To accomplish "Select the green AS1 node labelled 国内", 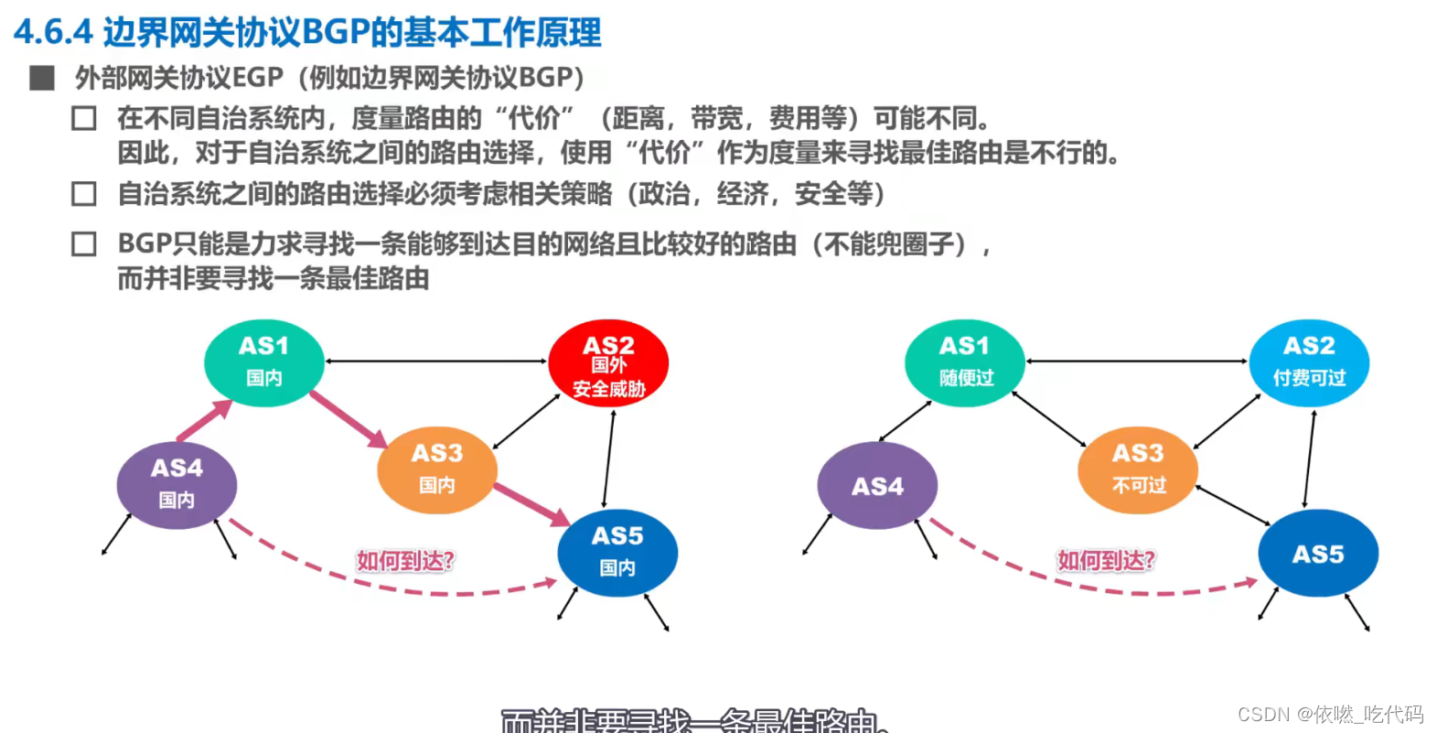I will point(263,361).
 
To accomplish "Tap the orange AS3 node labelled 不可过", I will point(1138,469).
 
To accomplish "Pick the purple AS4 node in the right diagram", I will point(877,486).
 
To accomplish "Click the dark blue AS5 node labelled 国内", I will point(617,552).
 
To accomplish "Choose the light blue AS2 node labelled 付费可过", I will point(1309,361).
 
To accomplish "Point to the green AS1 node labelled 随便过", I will point(964,361).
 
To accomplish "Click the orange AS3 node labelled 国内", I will point(437,469).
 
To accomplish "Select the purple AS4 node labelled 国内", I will point(177,484).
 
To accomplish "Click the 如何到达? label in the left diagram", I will point(405,560).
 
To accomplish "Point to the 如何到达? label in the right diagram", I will point(1106,560).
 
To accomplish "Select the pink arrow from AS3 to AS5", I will point(531,503).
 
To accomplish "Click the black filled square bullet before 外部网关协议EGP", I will point(42,79).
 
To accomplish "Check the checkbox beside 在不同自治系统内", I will point(84,119).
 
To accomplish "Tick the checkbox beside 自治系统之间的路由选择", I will point(84,194).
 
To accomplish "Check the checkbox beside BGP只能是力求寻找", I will point(84,244).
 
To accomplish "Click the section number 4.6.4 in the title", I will point(53,32).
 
